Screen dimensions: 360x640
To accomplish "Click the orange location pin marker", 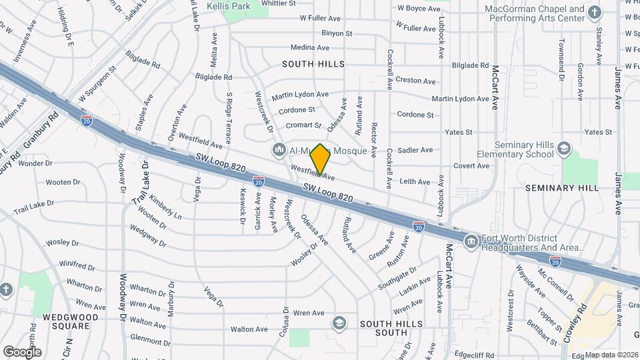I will pyautogui.click(x=320, y=159).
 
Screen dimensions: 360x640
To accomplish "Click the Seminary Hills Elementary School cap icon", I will pyautogui.click(x=564, y=149).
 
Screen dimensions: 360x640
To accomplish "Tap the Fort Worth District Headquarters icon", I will pyautogui.click(x=471, y=241).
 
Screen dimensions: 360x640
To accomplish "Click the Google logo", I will pyautogui.click(x=22, y=351).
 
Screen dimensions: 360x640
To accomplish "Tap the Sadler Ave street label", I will pyautogui.click(x=415, y=151).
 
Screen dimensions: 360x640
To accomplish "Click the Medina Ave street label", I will pyautogui.click(x=310, y=48).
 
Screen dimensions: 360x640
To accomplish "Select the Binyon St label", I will pyautogui.click(x=336, y=33).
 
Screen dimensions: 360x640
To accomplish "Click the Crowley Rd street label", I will pyautogui.click(x=575, y=324).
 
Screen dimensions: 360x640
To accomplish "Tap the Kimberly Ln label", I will pyautogui.click(x=165, y=207).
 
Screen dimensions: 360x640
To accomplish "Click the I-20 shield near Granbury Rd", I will pyautogui.click(x=87, y=121).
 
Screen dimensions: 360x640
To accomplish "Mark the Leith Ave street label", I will pyautogui.click(x=415, y=181).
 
